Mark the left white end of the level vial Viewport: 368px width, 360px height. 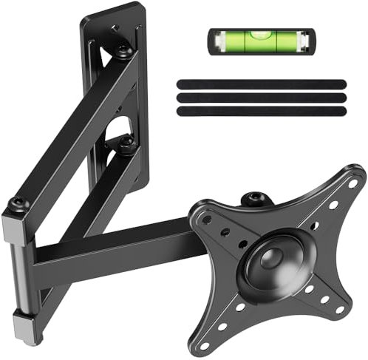[x=217, y=41]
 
